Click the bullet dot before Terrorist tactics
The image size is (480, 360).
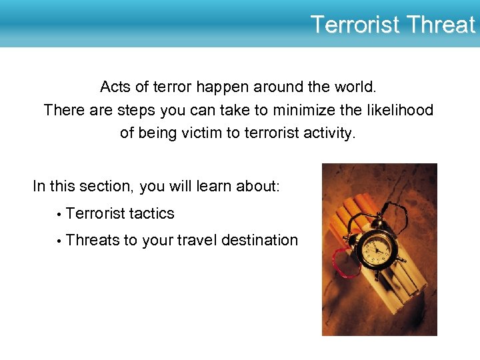59,215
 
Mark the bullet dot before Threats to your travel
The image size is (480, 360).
59,241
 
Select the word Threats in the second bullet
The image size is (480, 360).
93,240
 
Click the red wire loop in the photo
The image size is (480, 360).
343,263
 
